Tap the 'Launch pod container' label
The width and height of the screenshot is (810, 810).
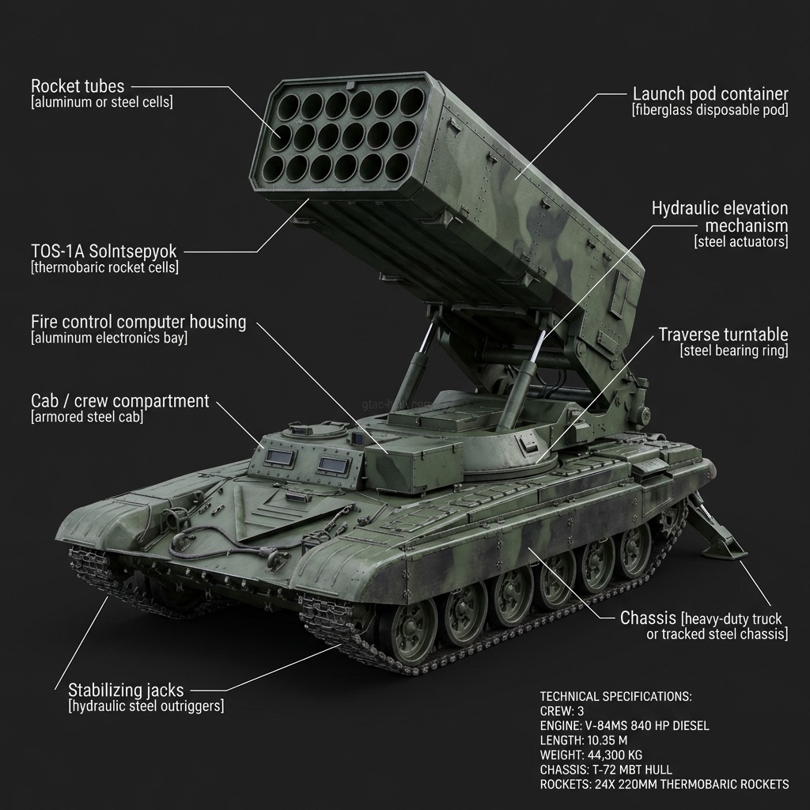tap(710, 93)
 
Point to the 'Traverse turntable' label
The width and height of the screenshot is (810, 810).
tap(723, 334)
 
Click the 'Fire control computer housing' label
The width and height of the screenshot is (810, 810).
tap(138, 322)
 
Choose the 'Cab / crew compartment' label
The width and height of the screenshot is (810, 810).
tap(119, 400)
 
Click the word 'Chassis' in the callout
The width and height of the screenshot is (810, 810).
tap(648, 618)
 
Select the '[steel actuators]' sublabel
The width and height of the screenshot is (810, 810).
tap(741, 242)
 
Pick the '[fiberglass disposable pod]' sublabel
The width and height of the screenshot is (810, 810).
tap(710, 110)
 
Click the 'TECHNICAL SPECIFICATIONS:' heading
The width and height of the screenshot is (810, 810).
tap(615, 696)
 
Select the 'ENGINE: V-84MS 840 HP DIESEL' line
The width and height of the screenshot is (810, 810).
tap(624, 725)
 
